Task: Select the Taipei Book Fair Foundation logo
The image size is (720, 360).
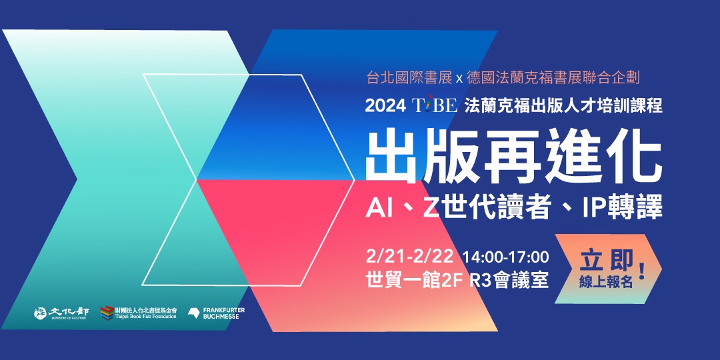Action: click(139, 312)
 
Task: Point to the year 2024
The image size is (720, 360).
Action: click(383, 106)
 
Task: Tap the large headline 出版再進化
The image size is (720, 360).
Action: click(513, 155)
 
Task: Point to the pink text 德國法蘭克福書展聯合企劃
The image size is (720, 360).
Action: click(553, 78)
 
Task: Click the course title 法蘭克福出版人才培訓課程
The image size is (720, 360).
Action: click(563, 106)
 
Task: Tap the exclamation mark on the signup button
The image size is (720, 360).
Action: click(642, 271)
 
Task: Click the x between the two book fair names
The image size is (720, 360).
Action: click(459, 79)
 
